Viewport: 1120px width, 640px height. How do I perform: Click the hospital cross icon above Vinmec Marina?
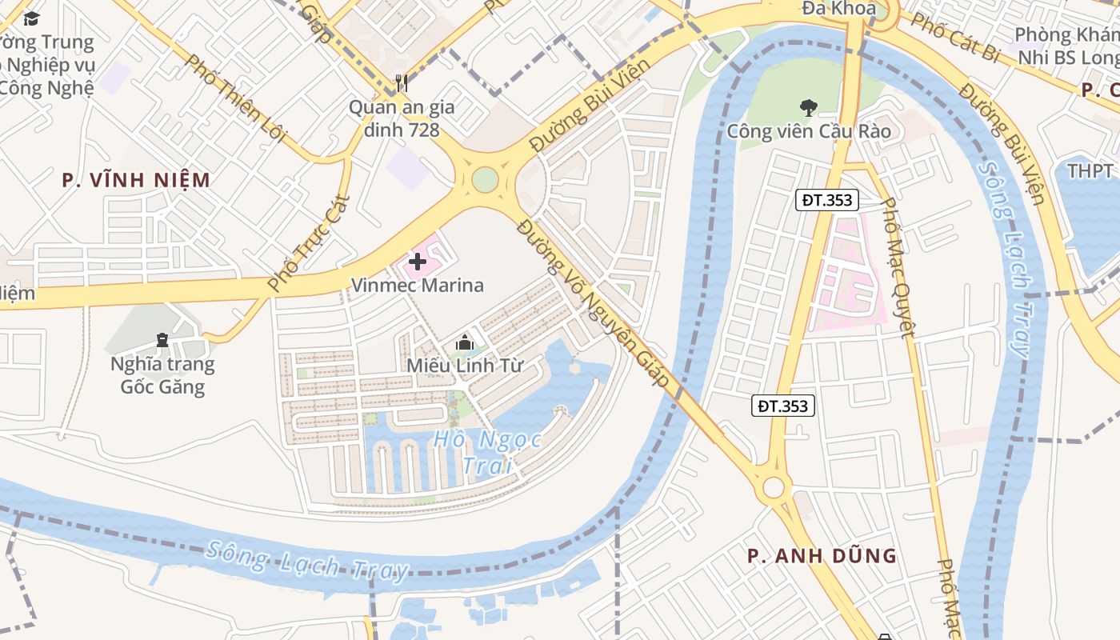pyautogui.click(x=418, y=262)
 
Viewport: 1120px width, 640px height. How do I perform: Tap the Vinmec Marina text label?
pyautogui.click(x=418, y=286)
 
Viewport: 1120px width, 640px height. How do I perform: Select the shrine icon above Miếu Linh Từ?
pyautogui.click(x=463, y=343)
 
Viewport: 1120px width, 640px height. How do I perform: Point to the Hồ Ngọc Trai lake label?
pyautogui.click(x=487, y=452)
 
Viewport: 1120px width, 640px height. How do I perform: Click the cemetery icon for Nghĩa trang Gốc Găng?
pyautogui.click(x=163, y=341)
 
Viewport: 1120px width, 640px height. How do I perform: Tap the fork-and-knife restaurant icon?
pyautogui.click(x=402, y=83)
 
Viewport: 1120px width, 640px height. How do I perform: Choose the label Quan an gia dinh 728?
pyautogui.click(x=402, y=118)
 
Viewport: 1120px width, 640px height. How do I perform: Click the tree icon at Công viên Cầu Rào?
pyautogui.click(x=808, y=106)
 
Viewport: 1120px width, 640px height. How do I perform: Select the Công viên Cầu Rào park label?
pyautogui.click(x=808, y=131)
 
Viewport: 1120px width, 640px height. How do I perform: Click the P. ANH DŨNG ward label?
pyautogui.click(x=822, y=556)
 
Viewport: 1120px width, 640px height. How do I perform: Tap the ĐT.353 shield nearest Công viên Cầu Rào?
pyautogui.click(x=826, y=200)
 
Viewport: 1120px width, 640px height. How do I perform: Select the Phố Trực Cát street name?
pyautogui.click(x=298, y=242)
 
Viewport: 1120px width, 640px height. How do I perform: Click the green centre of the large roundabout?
pyautogui.click(x=485, y=179)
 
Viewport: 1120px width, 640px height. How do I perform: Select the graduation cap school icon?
pyautogui.click(x=31, y=18)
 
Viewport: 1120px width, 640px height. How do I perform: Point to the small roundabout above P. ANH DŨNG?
pyautogui.click(x=773, y=487)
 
